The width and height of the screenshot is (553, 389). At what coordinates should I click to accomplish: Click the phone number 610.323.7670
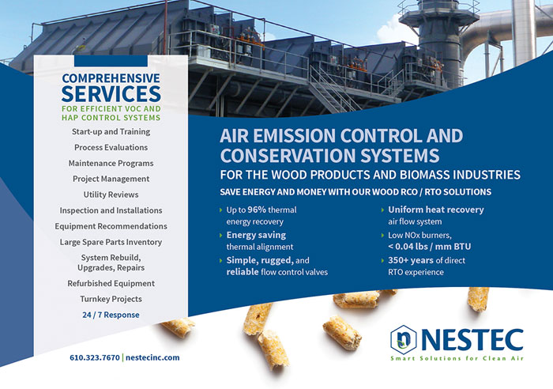95,357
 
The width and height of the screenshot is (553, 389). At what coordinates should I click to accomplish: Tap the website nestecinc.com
152,357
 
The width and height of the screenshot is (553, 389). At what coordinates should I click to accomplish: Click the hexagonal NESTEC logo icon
404,339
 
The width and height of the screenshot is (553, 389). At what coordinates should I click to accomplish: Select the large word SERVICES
111,93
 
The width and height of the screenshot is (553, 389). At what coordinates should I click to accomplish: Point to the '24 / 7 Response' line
111,315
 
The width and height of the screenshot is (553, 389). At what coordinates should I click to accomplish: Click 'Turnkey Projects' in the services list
111,299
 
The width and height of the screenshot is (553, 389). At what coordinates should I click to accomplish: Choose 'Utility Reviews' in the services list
111,194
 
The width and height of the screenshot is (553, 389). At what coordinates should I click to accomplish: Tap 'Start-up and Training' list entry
111,132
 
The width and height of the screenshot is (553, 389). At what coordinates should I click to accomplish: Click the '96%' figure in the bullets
257,210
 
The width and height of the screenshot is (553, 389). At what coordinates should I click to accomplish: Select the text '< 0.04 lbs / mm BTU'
430,247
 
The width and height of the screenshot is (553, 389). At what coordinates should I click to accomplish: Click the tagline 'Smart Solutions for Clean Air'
457,358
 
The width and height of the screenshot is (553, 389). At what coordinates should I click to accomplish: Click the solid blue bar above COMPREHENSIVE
111,61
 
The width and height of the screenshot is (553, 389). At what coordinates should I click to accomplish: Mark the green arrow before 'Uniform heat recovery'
382,210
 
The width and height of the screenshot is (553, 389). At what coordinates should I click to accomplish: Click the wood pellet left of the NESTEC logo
342,333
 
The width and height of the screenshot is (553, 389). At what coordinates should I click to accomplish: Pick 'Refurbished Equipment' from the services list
111,284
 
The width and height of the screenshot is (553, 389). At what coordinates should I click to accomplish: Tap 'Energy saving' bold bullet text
256,235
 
